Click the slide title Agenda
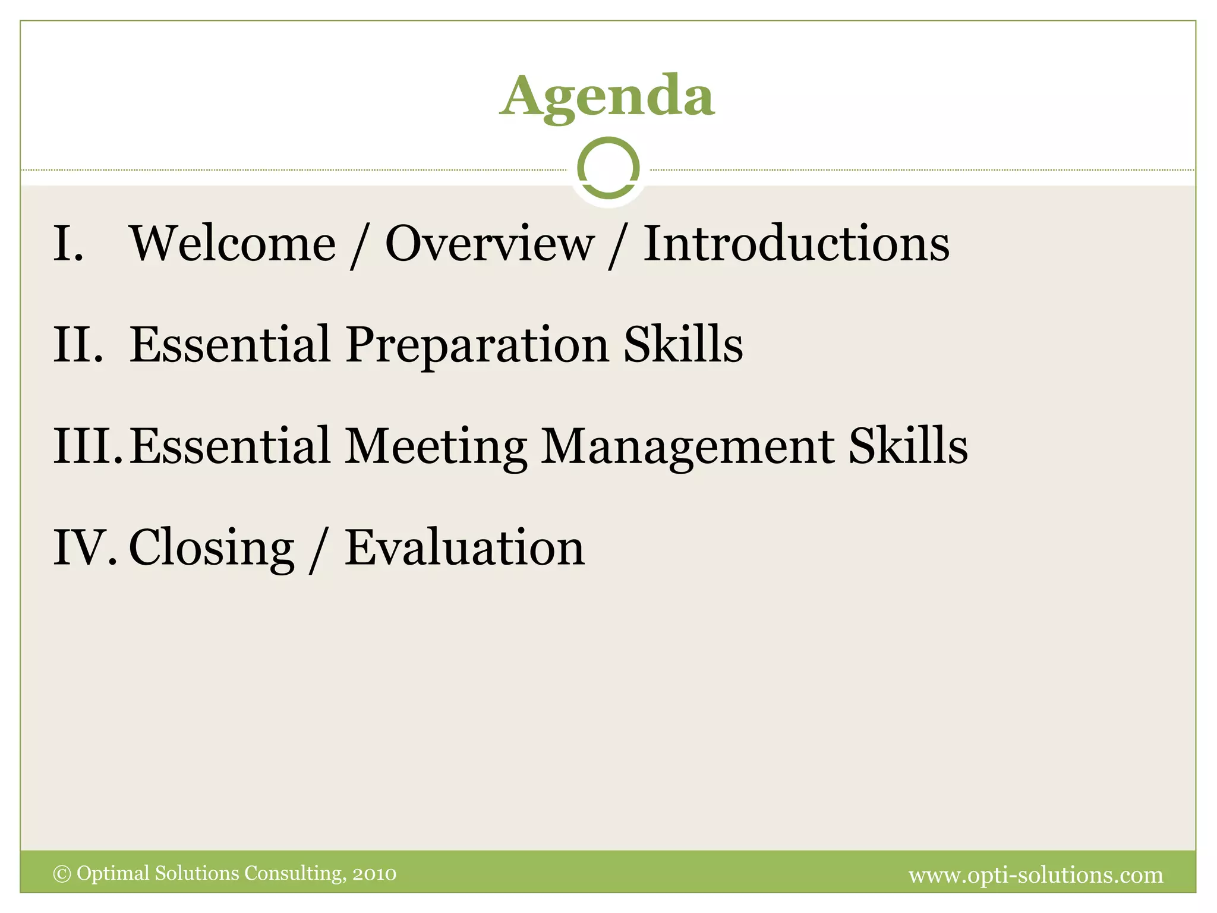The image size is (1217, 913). coord(607,96)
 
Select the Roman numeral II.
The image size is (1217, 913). coord(78,345)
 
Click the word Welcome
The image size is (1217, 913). coord(232,244)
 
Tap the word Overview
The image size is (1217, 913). coord(490,244)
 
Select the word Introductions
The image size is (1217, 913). coord(796,244)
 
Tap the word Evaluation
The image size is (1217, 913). coord(465,547)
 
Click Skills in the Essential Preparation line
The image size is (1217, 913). coord(683,345)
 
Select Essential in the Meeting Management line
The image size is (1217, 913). coord(230,446)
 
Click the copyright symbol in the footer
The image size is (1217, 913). coord(62,874)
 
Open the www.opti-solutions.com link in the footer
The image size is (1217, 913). coord(1036,875)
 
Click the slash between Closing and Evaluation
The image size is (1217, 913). coord(319,549)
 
